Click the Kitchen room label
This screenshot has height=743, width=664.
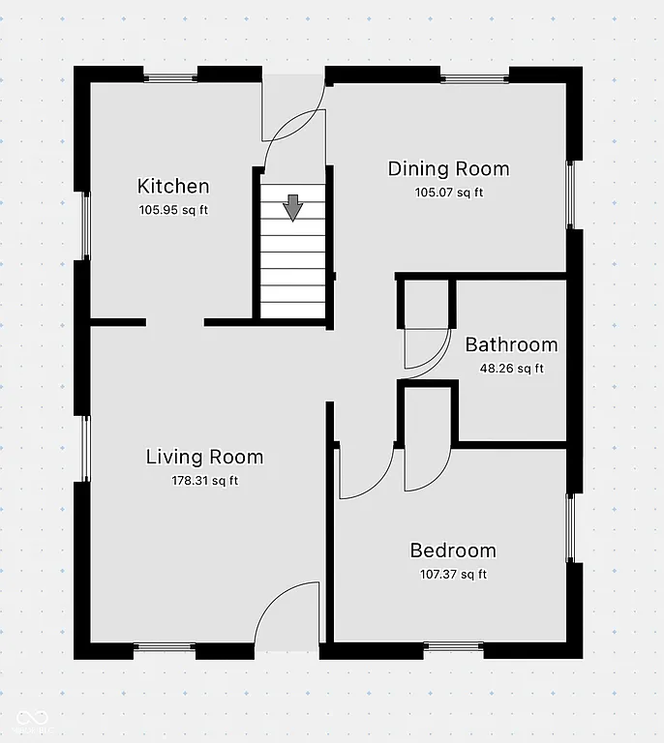tap(173, 186)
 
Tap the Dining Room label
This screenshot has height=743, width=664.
tap(448, 168)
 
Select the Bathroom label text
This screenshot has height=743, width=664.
tap(511, 344)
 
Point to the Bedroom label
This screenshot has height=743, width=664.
tap(453, 550)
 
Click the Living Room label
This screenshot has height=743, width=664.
tap(204, 457)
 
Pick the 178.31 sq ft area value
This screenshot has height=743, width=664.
tap(204, 481)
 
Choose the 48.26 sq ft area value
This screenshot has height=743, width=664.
tap(511, 369)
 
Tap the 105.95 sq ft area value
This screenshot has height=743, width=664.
tap(173, 210)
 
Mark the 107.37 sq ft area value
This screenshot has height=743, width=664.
tap(453, 575)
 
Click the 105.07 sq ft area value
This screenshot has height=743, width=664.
tap(448, 193)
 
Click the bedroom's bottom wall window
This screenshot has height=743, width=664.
tap(454, 646)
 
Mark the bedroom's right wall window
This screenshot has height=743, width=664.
tap(571, 528)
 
